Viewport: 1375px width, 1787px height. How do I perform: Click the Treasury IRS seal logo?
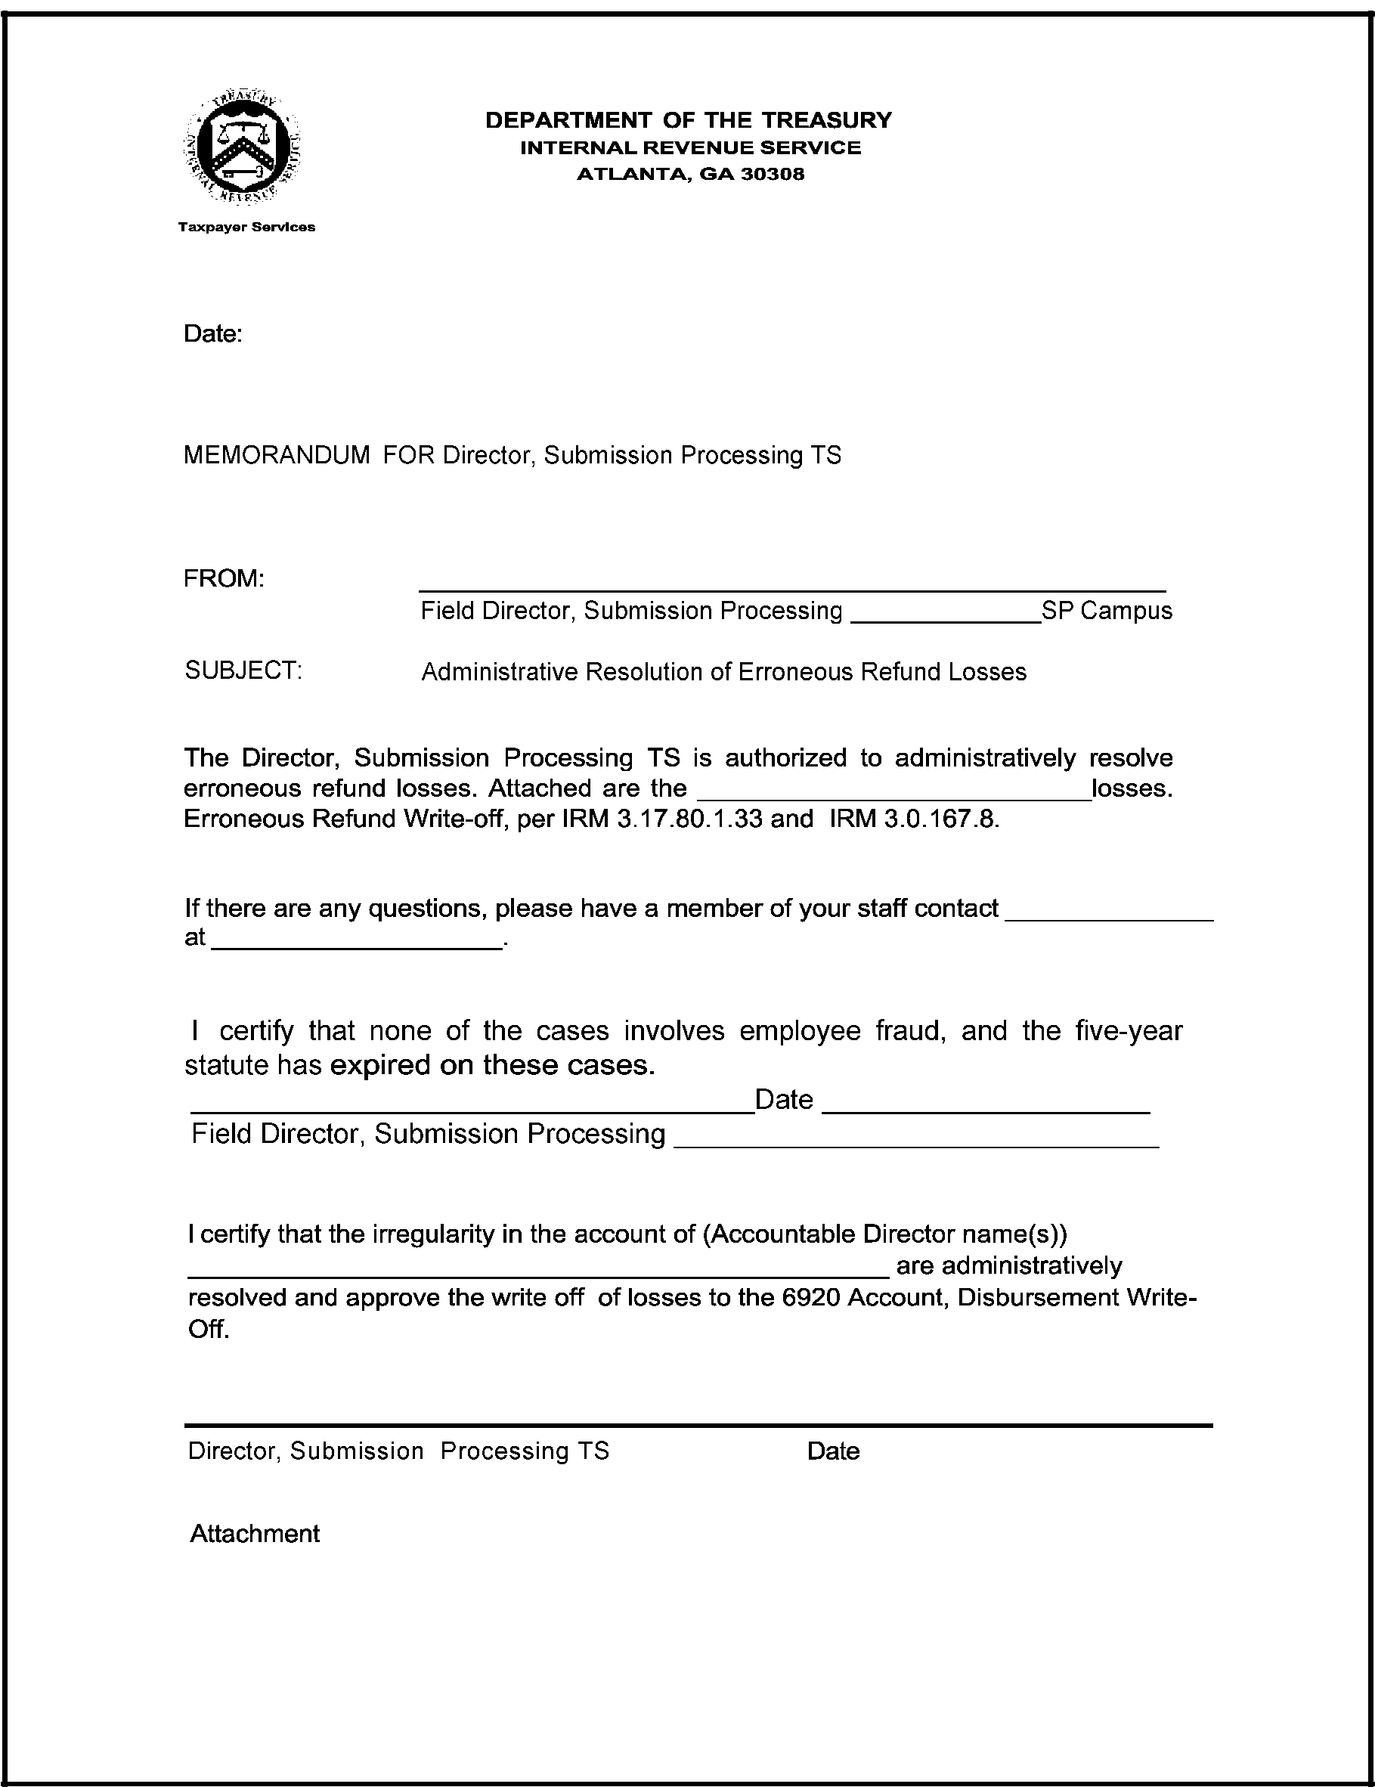tap(242, 147)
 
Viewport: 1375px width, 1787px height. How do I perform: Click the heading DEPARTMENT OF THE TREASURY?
tap(689, 120)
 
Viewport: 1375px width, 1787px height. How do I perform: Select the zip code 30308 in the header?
tap(772, 175)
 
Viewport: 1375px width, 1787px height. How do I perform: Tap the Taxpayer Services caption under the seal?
tap(246, 228)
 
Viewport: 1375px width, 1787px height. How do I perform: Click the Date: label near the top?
tap(213, 334)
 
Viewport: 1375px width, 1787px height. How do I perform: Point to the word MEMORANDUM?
tap(277, 456)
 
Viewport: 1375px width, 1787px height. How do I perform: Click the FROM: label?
tap(224, 579)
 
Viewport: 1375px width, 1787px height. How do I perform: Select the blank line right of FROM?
tap(791, 587)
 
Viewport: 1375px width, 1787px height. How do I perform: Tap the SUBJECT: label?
tap(243, 671)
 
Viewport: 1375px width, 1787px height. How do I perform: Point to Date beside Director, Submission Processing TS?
tap(833, 1451)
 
